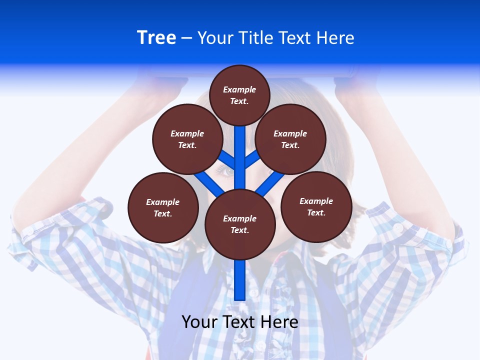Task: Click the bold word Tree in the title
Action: click(156, 37)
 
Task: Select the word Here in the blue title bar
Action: click(335, 38)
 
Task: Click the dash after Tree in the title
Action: click(186, 38)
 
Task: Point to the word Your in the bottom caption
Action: click(199, 321)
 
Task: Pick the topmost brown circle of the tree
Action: click(239, 95)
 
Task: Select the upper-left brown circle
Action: click(187, 139)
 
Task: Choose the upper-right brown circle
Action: click(290, 139)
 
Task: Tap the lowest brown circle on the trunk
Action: click(240, 224)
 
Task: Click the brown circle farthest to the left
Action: click(163, 207)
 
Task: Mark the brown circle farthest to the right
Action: click(316, 206)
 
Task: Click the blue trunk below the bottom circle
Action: click(240, 280)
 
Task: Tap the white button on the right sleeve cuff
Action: click(398, 227)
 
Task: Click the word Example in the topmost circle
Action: click(239, 89)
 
